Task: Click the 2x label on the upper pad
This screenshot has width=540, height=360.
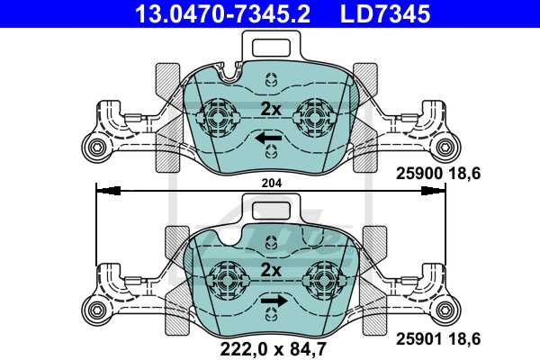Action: click(x=271, y=110)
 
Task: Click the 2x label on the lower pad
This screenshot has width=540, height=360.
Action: click(x=271, y=270)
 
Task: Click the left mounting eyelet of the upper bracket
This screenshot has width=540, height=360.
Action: click(x=94, y=148)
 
